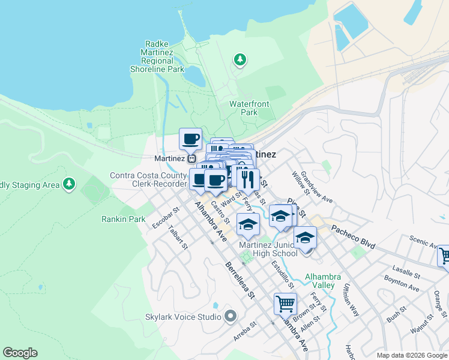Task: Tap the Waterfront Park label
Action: tap(249, 108)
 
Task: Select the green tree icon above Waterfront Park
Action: tap(240, 59)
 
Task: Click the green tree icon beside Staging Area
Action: tap(70, 184)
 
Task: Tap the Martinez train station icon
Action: tap(191, 158)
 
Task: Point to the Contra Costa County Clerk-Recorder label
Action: tap(148, 179)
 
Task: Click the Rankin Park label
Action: tap(123, 219)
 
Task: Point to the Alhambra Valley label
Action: tap(323, 281)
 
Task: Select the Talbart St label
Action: tap(178, 238)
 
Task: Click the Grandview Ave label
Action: tap(316, 187)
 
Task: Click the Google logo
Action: tap(20, 353)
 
